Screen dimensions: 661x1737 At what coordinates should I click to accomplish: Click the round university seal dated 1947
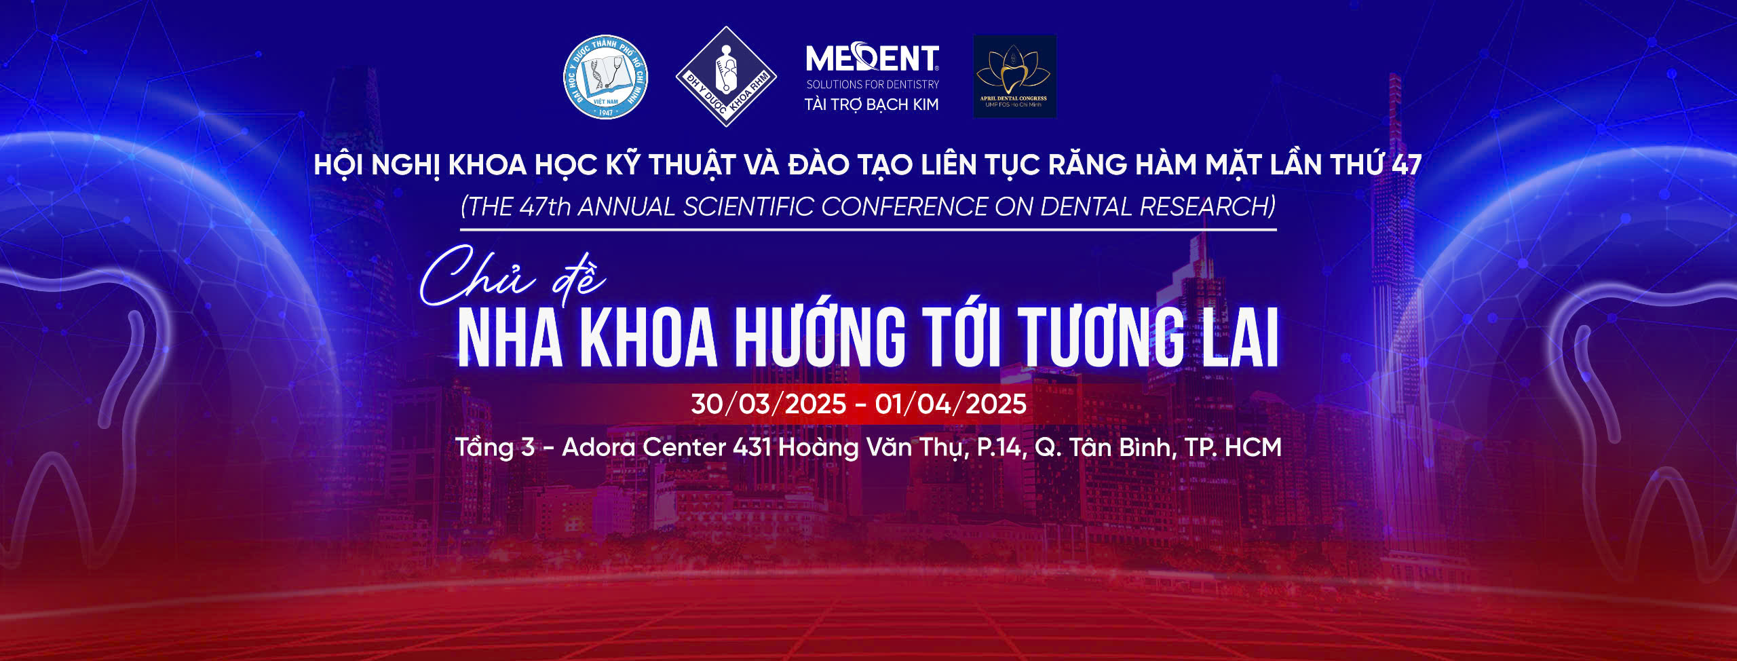tap(606, 77)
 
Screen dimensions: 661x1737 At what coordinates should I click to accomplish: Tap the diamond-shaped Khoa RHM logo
tap(726, 77)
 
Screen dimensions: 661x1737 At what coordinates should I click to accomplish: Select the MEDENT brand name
tap(872, 59)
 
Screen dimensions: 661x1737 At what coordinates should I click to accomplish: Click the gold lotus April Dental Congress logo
tap(1014, 76)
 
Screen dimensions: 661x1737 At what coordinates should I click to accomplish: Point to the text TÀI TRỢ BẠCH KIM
tap(872, 105)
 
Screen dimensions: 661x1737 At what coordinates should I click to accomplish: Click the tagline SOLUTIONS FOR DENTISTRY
tap(873, 85)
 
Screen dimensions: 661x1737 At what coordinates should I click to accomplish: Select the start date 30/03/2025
tap(769, 404)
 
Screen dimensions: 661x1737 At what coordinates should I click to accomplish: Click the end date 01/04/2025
tap(951, 404)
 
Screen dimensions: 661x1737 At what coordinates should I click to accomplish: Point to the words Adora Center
tap(644, 447)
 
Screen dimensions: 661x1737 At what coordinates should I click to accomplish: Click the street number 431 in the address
tap(752, 447)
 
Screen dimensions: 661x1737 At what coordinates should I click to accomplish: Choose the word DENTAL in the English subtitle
tap(1086, 207)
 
